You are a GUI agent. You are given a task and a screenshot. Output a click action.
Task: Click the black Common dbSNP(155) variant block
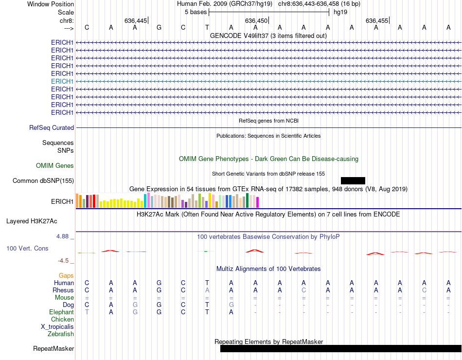click(x=353, y=180)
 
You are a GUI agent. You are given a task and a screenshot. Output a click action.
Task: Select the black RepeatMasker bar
click(x=340, y=348)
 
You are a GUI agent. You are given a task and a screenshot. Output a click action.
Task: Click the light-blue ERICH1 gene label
click(x=62, y=81)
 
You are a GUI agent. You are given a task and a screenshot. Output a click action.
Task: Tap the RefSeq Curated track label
click(x=52, y=127)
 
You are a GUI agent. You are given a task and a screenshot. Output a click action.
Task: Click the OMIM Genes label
click(x=55, y=165)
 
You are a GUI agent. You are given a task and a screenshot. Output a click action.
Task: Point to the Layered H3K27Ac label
click(x=32, y=221)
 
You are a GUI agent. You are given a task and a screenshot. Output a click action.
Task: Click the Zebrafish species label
click(x=61, y=334)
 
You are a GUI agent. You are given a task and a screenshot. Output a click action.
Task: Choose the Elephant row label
click(x=61, y=312)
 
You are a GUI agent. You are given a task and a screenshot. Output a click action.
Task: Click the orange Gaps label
click(x=66, y=276)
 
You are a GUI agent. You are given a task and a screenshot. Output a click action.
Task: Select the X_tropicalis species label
click(x=57, y=327)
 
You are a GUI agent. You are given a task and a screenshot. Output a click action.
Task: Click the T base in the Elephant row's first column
click(x=87, y=312)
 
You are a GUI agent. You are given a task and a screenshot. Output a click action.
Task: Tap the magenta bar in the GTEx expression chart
click(x=257, y=202)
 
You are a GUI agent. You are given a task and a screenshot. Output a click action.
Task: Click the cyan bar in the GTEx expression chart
click(x=145, y=200)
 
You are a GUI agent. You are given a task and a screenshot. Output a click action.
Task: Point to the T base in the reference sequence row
click(x=207, y=27)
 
